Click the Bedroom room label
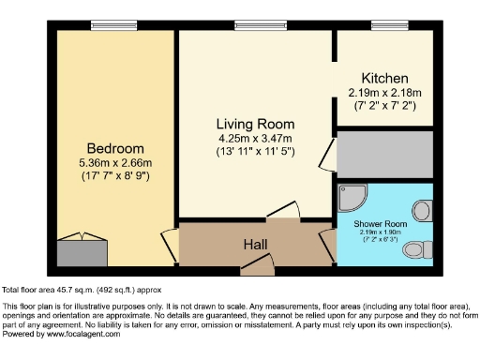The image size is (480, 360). tap(115, 148)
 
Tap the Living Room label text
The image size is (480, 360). tap(255, 124)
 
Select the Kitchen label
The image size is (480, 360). tap(384, 78)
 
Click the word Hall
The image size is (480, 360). tap(255, 245)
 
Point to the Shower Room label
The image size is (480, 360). tap(380, 224)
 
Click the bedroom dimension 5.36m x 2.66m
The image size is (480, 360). tap(115, 163)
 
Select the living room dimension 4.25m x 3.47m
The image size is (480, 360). tap(255, 138)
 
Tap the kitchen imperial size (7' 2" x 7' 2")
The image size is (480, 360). tap(384, 106)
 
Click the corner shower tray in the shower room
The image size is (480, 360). tap(352, 198)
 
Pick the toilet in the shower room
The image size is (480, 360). tap(418, 249)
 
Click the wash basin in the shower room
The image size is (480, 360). tap(423, 211)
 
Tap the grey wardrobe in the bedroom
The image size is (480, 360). tap(82, 252)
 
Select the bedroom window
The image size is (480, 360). tap(114, 25)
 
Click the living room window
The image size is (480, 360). tap(261, 25)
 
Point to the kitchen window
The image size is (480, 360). tap(390, 25)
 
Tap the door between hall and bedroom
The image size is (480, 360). tap(170, 246)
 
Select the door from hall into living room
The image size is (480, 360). tap(283, 210)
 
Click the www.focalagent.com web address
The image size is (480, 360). tap(83, 334)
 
